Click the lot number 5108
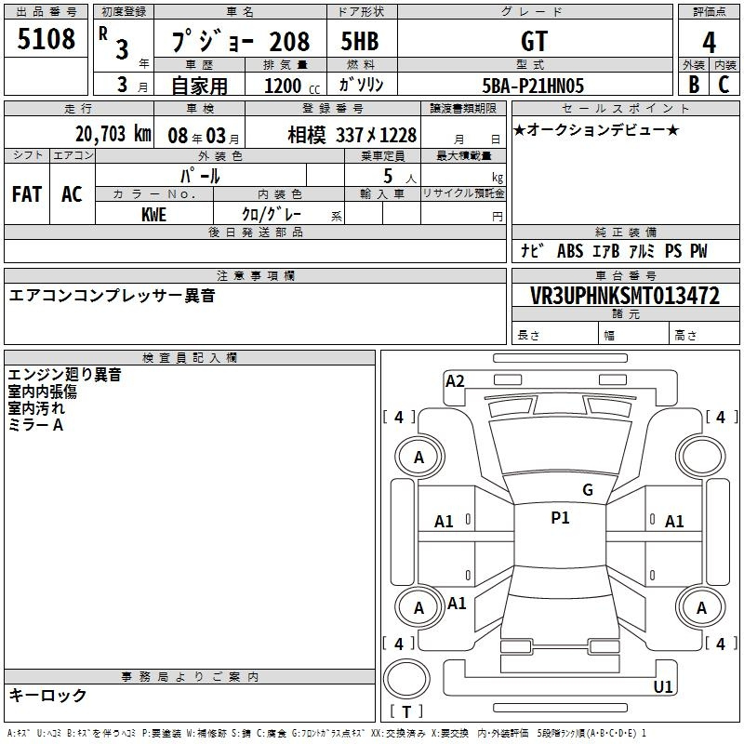coord(46,38)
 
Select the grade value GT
coord(534,41)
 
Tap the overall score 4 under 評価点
coord(709,42)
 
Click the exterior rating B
coord(694,84)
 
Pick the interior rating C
coord(724,84)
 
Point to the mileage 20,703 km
coord(113,134)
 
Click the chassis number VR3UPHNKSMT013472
coord(625,296)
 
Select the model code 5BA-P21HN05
coord(533,86)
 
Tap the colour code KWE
coord(153,215)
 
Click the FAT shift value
coord(27,194)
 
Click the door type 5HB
coord(360,41)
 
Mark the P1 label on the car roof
coord(560,518)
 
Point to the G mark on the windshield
coord(588,490)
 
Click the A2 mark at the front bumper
coord(455,381)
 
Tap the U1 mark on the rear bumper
coord(663,686)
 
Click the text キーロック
coord(47,695)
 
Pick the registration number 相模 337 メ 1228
coord(352,135)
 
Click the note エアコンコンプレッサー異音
coord(112,296)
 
